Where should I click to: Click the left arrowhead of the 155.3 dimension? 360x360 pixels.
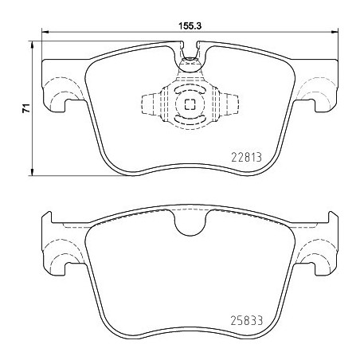(x=44, y=33)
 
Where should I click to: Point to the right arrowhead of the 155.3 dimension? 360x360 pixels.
(x=335, y=33)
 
